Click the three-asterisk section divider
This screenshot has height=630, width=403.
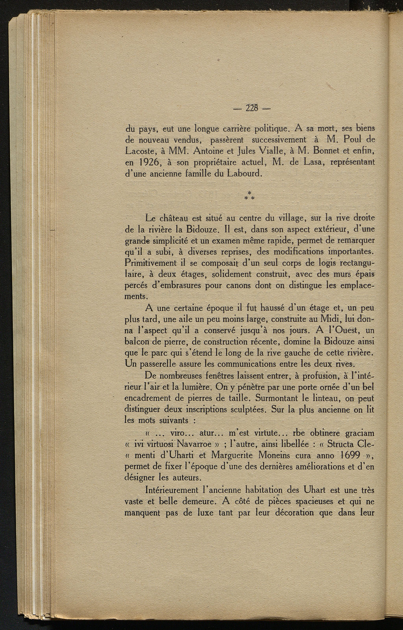250,195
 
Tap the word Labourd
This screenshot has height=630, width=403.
244,173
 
